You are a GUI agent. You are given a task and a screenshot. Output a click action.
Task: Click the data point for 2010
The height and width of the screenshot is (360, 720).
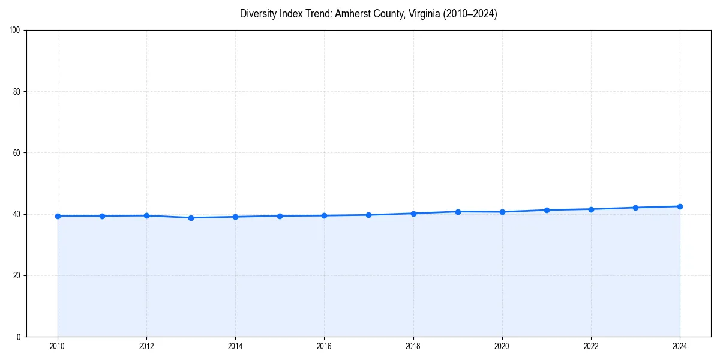point(58,216)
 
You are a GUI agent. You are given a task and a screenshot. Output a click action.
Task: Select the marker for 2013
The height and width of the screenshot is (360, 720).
point(191,218)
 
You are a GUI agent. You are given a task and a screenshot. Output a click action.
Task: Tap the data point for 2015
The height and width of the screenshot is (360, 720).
point(280,216)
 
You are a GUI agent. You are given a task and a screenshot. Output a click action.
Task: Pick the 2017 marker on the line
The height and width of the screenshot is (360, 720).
point(368,215)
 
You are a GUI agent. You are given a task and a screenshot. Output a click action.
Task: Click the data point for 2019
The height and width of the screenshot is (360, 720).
point(458,212)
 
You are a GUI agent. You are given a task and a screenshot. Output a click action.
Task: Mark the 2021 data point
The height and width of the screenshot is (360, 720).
point(547,210)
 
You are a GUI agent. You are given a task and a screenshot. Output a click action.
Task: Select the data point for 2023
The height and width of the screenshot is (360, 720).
point(635,208)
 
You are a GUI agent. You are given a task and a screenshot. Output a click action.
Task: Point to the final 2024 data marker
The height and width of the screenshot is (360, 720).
point(680,206)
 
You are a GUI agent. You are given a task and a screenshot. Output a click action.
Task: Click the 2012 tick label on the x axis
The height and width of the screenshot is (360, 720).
point(146,346)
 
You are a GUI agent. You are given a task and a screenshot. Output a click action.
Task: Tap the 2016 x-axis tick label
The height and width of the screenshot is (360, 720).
point(324,346)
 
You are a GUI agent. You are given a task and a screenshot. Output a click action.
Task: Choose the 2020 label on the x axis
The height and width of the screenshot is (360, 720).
point(502,346)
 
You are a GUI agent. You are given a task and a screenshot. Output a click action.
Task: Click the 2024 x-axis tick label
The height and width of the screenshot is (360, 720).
point(680,346)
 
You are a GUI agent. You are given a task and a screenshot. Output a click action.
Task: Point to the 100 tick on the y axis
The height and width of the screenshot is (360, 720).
point(16,31)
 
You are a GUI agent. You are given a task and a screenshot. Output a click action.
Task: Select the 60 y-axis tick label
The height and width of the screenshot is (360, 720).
point(17,153)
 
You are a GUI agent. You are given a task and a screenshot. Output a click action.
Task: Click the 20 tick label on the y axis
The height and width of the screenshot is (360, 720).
point(17,275)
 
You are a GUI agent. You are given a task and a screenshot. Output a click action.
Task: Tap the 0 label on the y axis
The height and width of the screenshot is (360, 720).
point(19,337)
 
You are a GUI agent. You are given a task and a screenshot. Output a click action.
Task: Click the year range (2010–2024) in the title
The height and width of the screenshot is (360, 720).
point(470,14)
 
